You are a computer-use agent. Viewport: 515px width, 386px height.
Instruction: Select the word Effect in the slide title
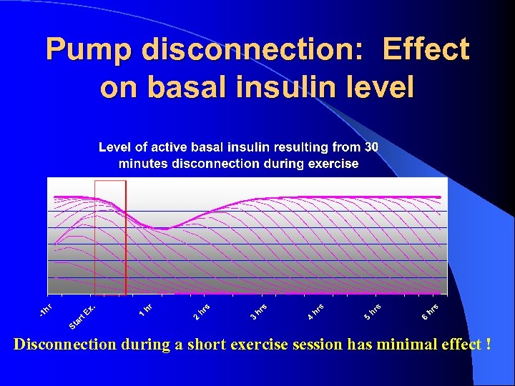click(426, 50)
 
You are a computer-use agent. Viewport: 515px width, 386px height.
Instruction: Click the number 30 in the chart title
click(371, 147)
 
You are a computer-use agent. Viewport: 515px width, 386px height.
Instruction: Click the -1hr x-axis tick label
click(46, 310)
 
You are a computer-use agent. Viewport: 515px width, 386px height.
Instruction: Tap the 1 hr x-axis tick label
click(145, 309)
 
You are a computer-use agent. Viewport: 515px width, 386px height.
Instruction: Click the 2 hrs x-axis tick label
click(202, 311)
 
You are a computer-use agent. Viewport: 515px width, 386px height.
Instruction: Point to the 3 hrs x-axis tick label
click(258, 311)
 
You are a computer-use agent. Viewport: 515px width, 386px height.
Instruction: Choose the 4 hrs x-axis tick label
click(315, 311)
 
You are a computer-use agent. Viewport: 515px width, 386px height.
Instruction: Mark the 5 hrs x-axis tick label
click(372, 311)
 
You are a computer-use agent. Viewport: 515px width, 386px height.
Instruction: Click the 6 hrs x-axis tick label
click(429, 311)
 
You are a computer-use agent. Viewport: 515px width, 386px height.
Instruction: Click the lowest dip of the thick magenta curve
click(163, 229)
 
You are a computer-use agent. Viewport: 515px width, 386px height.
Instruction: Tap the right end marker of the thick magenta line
click(440, 197)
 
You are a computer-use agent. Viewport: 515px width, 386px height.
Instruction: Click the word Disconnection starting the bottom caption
click(59, 345)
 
